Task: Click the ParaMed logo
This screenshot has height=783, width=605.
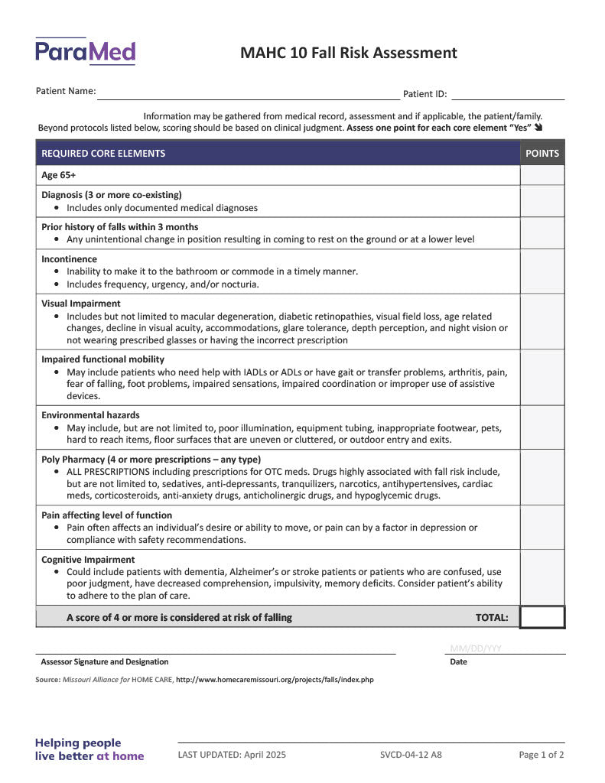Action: click(x=85, y=51)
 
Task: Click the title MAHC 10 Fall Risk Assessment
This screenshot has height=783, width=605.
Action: click(x=349, y=53)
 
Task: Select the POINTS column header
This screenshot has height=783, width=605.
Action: click(x=542, y=153)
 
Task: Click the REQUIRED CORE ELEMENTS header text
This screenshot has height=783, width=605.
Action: click(x=103, y=153)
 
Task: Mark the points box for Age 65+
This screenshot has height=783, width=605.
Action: click(x=542, y=175)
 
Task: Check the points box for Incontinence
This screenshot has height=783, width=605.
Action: click(x=542, y=271)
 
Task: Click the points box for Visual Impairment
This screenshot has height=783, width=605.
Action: click(x=542, y=321)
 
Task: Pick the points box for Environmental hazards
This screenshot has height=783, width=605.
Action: click(x=542, y=427)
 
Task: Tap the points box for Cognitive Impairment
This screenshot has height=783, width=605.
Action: click(x=542, y=577)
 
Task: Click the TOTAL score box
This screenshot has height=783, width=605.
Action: click(x=542, y=617)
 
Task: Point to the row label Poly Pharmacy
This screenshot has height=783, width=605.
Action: click(x=151, y=460)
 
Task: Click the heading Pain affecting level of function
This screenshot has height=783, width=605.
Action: click(x=107, y=515)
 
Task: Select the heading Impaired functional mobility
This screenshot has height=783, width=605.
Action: click(x=103, y=359)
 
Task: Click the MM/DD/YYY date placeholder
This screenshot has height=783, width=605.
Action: click(x=476, y=648)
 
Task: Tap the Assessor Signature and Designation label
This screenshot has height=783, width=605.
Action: click(x=105, y=662)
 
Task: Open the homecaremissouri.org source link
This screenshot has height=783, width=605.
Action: click(x=275, y=679)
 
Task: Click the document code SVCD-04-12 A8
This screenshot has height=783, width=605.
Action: click(x=411, y=755)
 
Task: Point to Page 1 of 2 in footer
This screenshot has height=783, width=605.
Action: click(x=542, y=755)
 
